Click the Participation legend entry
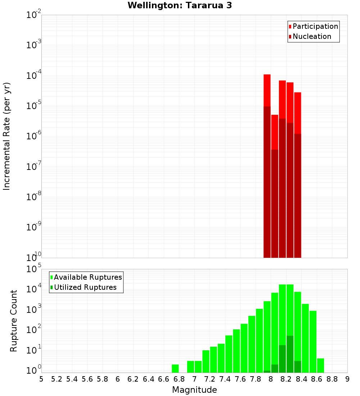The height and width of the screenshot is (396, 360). [315, 26]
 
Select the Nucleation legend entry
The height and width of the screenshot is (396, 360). [311, 36]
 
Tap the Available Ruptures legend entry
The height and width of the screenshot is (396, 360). [87, 277]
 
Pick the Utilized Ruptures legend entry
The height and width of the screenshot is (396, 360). [85, 287]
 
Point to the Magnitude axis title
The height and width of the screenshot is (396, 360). [194, 390]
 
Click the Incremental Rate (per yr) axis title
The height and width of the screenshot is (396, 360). [7, 136]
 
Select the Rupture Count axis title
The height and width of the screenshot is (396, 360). [14, 320]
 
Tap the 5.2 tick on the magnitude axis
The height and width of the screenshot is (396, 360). [57, 379]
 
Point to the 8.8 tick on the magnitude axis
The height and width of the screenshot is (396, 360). [332, 379]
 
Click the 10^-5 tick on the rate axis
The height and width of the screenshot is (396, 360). [33, 106]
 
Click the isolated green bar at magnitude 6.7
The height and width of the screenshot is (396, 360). [175, 369]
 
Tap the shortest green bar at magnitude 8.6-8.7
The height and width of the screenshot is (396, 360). [320, 365]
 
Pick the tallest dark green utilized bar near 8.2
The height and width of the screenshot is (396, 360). [290, 355]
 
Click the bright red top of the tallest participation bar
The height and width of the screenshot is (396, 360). [267, 90]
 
